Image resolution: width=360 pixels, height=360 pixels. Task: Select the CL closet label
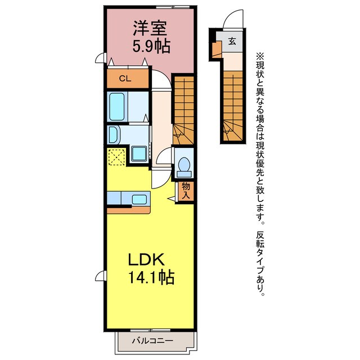point(124,79)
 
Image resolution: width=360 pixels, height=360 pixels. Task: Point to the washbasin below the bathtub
point(114,134)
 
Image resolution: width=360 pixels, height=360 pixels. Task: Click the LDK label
point(145,260)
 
